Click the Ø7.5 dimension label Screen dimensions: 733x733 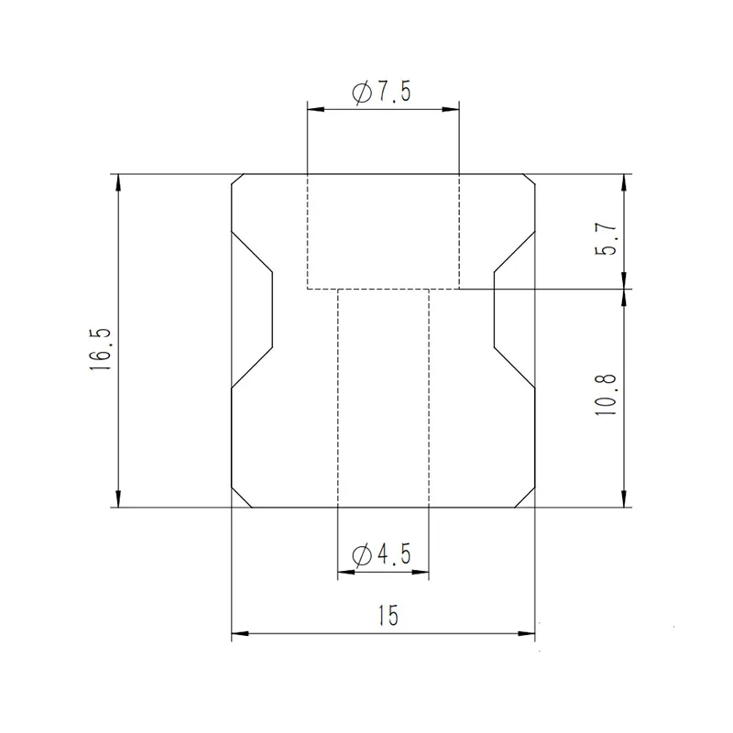click(381, 93)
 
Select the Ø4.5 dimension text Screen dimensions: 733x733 click(381, 555)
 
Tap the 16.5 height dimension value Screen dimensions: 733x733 click(100, 349)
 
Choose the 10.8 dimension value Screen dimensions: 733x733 click(606, 394)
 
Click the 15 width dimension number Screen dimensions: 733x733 click(388, 615)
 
